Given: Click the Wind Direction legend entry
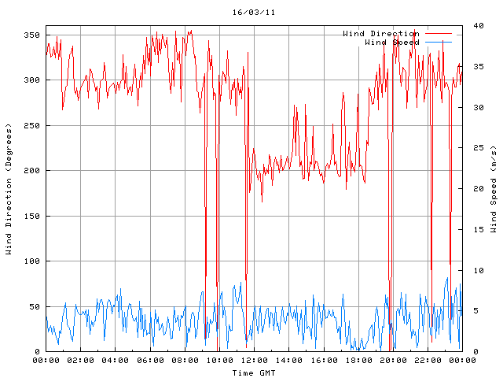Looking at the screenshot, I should [x=380, y=34].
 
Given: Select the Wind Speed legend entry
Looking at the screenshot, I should [x=391, y=43].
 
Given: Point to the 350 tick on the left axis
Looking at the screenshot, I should [x=31, y=35].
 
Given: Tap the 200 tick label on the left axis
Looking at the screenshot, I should [x=31, y=171].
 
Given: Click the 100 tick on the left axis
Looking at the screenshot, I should [x=31, y=261].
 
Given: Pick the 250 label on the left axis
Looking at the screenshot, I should [x=31, y=126].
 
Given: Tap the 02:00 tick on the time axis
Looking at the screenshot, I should [x=81, y=361].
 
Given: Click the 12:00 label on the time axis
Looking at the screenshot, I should [x=255, y=361].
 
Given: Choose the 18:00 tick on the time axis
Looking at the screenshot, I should [x=358, y=361].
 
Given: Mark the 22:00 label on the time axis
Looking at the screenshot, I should [x=428, y=361].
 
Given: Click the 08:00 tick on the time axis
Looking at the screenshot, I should [x=185, y=361].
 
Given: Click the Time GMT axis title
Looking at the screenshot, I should [x=253, y=372].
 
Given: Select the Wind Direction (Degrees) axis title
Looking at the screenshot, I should [x=9, y=189].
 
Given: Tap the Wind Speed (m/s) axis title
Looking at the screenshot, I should [x=494, y=189].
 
